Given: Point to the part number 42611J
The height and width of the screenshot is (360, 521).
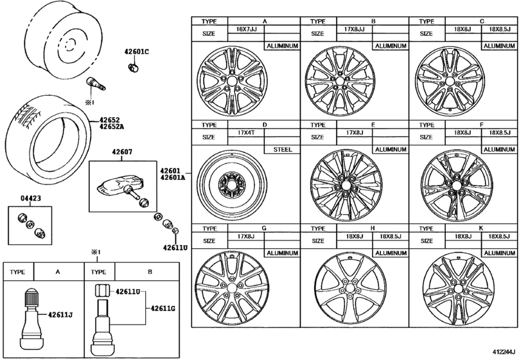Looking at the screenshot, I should click(x=61, y=314).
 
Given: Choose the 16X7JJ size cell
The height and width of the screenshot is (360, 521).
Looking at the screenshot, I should click(x=246, y=30).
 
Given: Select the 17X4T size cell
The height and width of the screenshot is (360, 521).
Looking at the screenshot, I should click(x=244, y=133).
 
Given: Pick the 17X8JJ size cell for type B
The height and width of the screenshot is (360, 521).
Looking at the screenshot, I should click(x=355, y=30).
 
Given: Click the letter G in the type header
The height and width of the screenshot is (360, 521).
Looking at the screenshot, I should click(x=264, y=229).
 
